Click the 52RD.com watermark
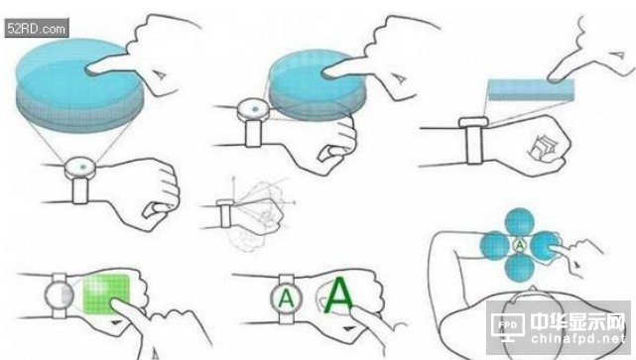(x=37, y=29)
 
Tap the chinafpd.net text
(x=578, y=338)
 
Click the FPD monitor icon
(x=507, y=326)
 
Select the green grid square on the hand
(x=106, y=294)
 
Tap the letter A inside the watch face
(x=287, y=300)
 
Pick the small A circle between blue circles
(x=520, y=245)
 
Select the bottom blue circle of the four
(x=520, y=268)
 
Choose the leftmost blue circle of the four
(x=495, y=246)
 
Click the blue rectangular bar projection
(x=531, y=90)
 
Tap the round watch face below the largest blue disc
(x=80, y=167)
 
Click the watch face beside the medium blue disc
(x=254, y=109)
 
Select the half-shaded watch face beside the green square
(x=60, y=296)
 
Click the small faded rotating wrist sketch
(x=249, y=213)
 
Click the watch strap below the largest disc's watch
(x=80, y=190)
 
